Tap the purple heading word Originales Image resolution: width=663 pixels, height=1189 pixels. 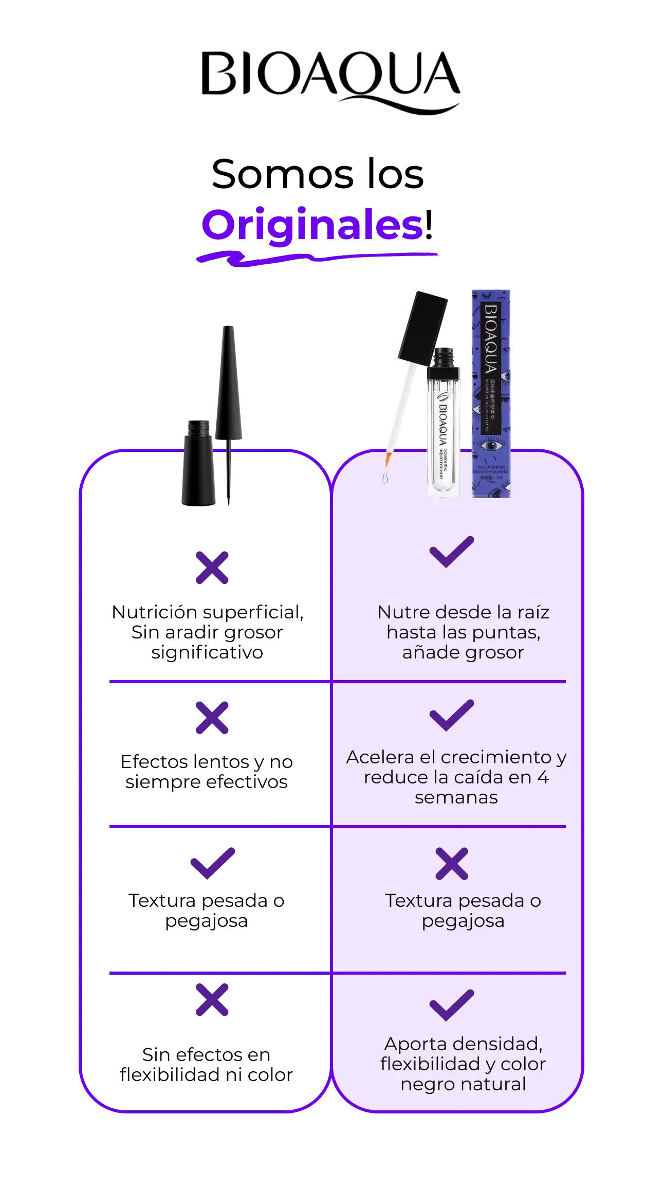312,226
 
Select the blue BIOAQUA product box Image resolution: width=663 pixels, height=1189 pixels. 491,393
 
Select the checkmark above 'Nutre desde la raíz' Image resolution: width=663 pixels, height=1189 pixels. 451,552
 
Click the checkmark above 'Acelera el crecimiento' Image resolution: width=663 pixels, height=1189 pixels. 451,715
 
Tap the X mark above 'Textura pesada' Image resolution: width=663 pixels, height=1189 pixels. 452,864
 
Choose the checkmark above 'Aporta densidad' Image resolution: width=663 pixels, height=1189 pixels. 451,1005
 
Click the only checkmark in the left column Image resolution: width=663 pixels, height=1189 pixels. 212,864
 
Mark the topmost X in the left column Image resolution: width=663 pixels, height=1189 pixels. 212,568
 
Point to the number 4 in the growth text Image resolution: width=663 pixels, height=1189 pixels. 543,777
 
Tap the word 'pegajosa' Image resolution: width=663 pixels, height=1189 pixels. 463,921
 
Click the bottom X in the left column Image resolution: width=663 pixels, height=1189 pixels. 212,1001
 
